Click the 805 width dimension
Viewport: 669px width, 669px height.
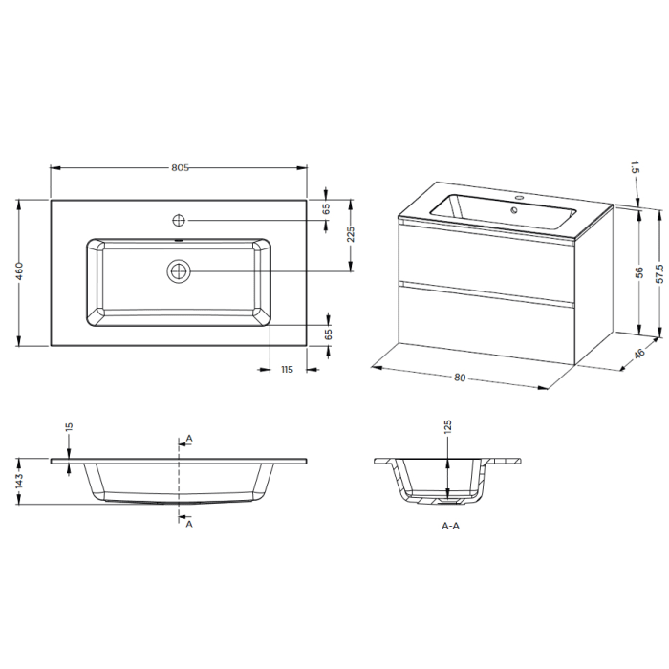coord(180,167)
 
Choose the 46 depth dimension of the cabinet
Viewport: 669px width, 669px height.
coord(639,355)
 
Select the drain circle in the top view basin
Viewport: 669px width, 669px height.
coord(178,271)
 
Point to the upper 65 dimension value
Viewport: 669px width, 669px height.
coord(325,207)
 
